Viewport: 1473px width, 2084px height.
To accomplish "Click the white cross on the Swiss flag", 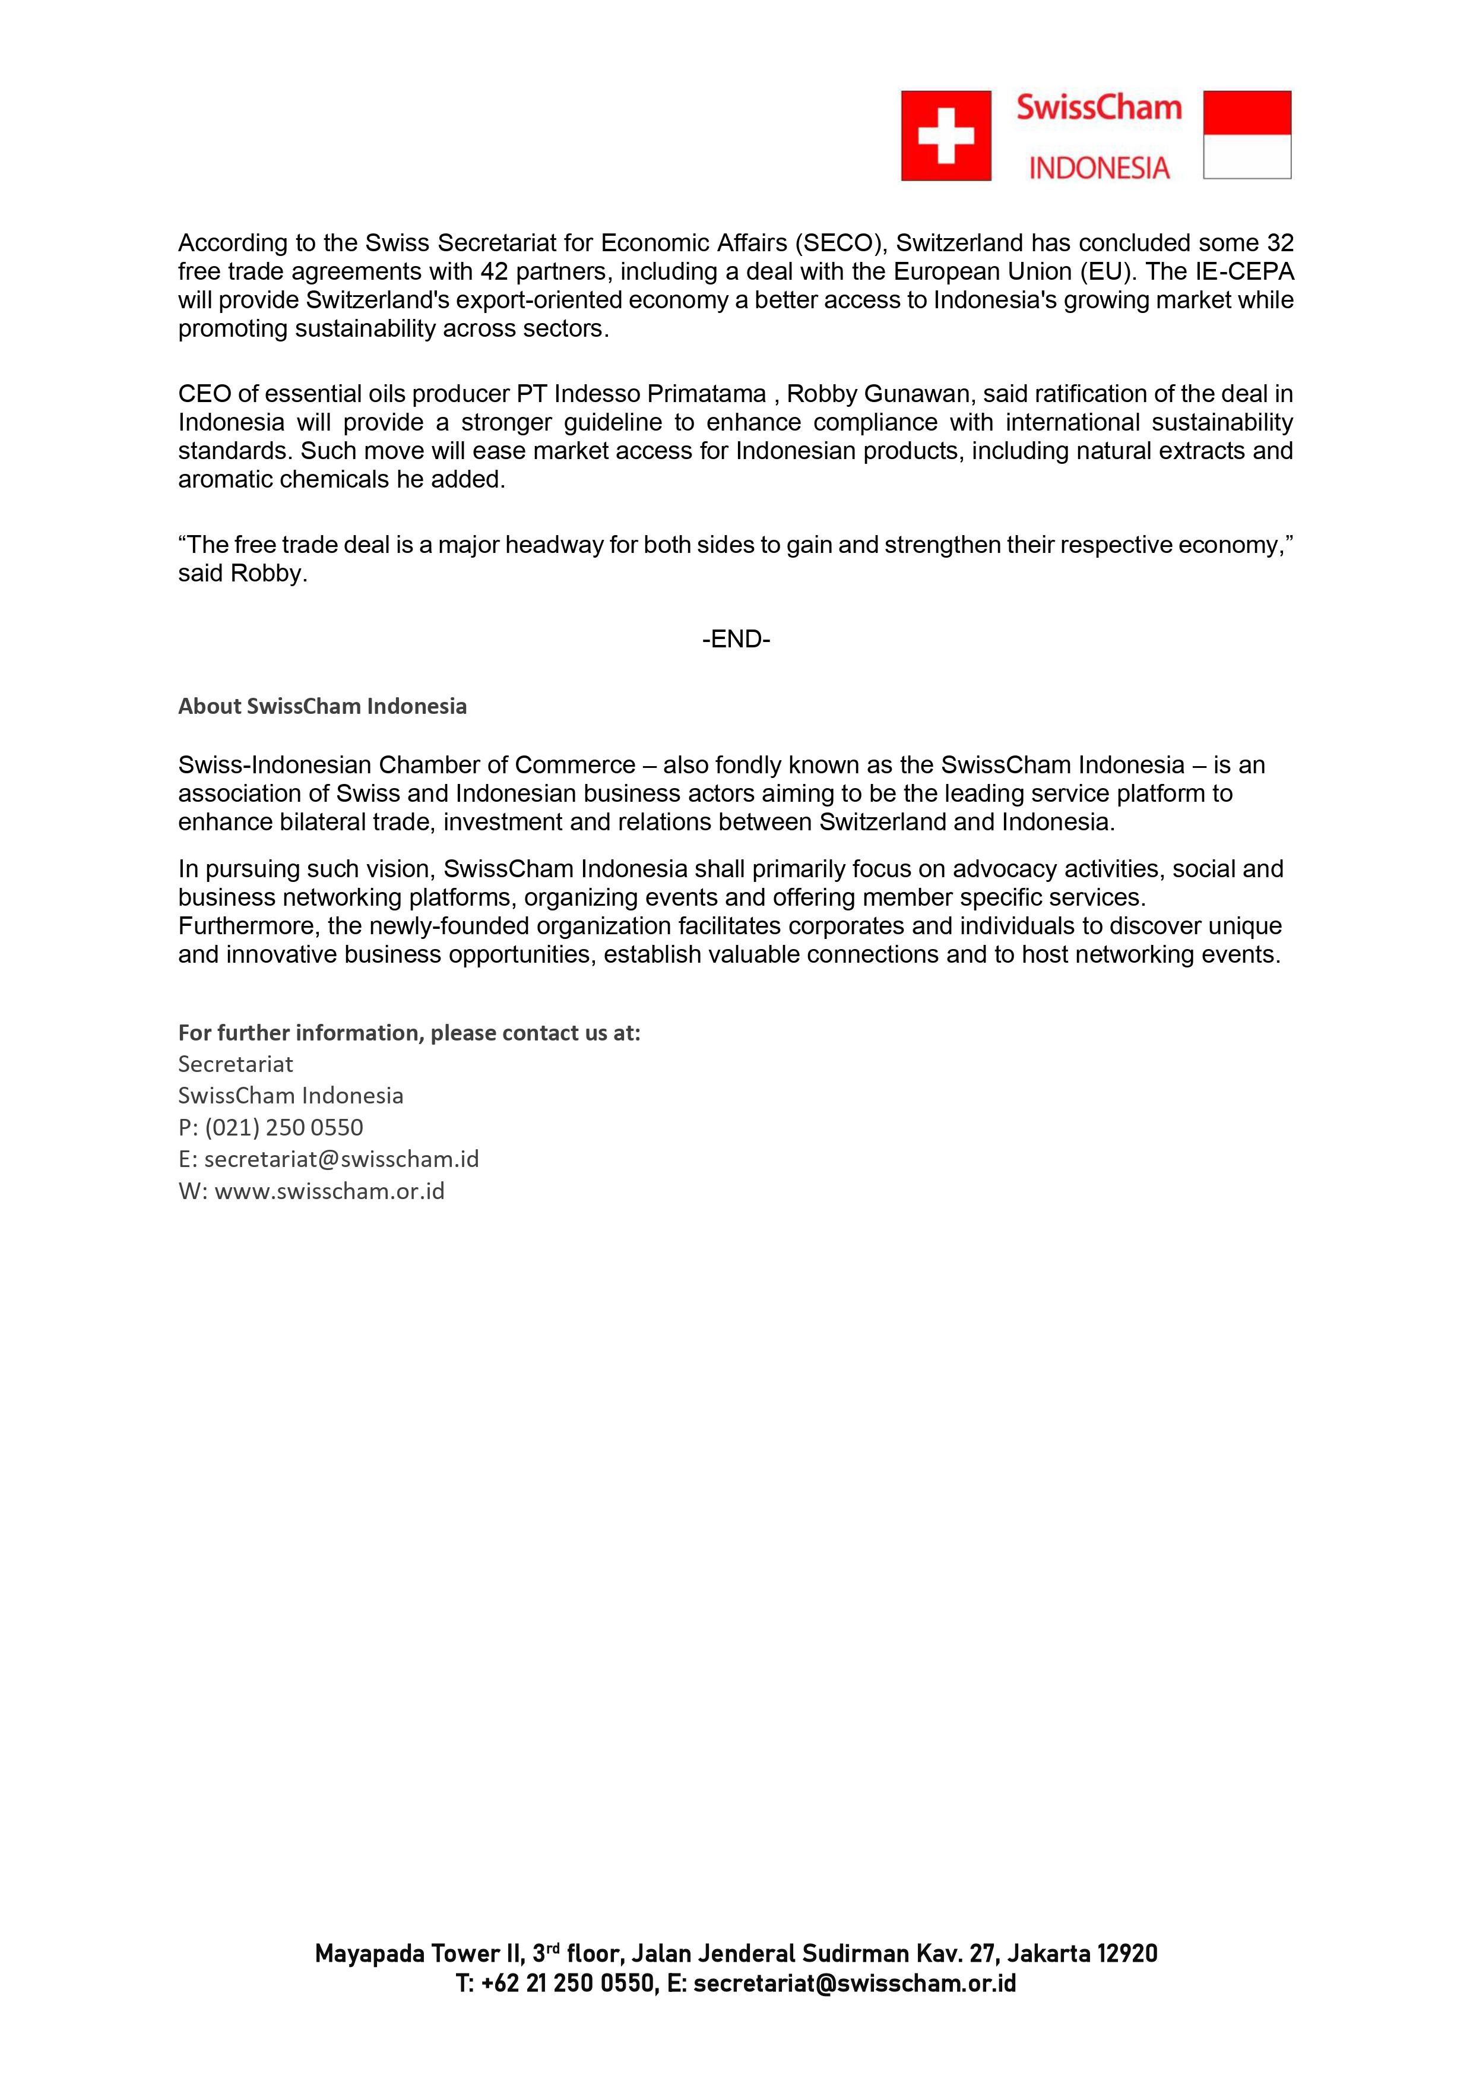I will pyautogui.click(x=946, y=135).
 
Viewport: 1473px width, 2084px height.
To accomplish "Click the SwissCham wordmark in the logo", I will pyautogui.click(x=1098, y=108).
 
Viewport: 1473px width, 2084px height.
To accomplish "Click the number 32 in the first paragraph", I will pyautogui.click(x=1279, y=243).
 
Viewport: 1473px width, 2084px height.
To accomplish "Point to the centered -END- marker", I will pyautogui.click(x=736, y=640).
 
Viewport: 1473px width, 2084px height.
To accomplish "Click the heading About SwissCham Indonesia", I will pyautogui.click(x=322, y=706).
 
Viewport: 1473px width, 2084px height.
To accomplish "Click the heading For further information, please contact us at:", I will pyautogui.click(x=409, y=1033).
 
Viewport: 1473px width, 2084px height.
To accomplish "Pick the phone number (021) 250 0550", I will pyautogui.click(x=283, y=1127).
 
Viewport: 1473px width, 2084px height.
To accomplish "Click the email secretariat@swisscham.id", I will pyautogui.click(x=341, y=1159).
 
